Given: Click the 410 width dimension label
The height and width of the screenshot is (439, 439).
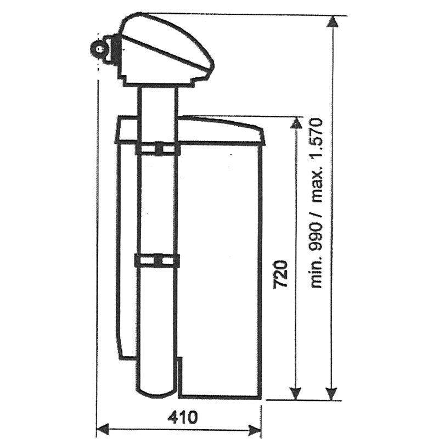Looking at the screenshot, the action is click(x=183, y=417).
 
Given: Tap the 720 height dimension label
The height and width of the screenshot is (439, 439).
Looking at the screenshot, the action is click(x=280, y=274).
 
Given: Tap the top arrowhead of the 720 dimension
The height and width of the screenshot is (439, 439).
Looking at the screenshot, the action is click(x=296, y=123).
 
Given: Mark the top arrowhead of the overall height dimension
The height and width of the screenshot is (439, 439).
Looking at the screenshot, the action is click(x=333, y=22).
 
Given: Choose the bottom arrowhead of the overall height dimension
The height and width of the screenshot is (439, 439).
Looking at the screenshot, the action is click(x=332, y=394).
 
